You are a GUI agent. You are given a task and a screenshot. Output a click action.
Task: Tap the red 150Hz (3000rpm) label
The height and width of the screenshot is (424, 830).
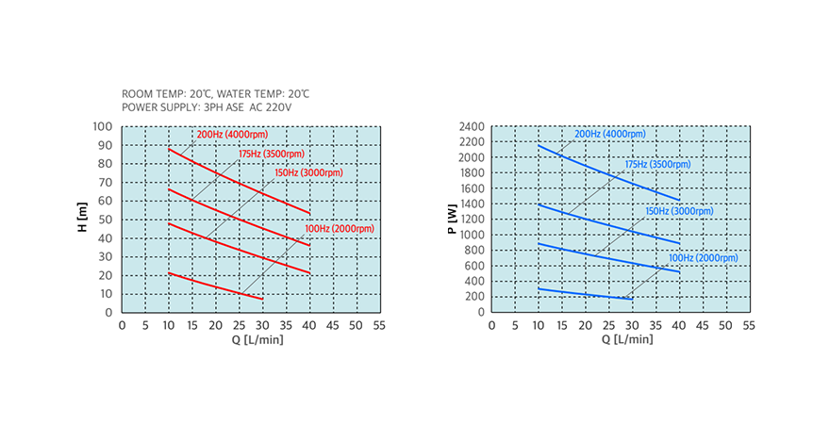(308, 172)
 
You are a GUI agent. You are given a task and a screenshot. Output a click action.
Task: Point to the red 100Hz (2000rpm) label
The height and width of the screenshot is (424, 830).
(339, 228)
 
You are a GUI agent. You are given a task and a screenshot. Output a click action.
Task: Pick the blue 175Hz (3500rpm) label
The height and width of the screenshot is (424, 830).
(657, 164)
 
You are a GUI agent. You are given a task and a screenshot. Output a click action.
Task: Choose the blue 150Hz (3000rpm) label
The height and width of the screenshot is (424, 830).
(681, 211)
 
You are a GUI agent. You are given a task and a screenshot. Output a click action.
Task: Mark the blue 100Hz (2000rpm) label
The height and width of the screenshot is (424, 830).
(704, 257)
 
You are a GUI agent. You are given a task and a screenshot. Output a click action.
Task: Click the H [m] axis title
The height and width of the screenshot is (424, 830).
(83, 220)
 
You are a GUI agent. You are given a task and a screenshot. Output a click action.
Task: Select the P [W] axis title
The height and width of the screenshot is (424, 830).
(453, 220)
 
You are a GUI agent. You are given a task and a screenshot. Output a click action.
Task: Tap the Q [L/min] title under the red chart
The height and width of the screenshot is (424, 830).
(250, 339)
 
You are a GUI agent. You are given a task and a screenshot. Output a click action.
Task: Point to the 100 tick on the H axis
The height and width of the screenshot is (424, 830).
(104, 126)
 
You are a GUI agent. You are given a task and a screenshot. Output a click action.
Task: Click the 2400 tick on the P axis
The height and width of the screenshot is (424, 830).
(471, 126)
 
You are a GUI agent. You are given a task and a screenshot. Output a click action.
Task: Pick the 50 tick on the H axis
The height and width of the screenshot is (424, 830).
(107, 220)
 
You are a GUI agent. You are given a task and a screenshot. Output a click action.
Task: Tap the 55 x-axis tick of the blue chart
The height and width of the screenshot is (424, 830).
(748, 325)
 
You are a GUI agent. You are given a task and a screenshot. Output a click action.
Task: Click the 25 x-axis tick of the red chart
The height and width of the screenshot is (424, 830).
(239, 325)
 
